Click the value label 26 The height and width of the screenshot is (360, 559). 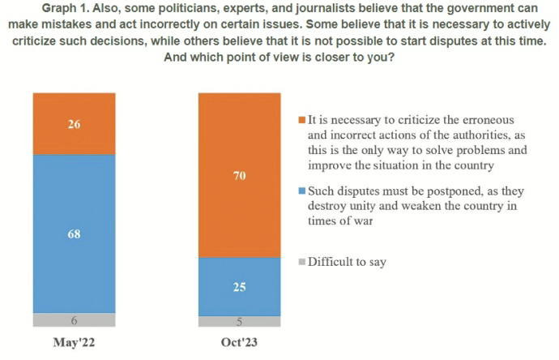(x=75, y=124)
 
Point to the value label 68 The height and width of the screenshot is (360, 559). (x=75, y=234)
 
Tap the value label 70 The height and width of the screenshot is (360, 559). (x=240, y=175)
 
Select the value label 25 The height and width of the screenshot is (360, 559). (x=240, y=287)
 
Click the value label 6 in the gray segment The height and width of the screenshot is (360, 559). (x=75, y=319)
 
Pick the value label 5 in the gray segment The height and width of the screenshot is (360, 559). (x=240, y=321)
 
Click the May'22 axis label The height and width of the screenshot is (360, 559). (x=75, y=343)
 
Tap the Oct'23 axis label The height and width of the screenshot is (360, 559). (x=240, y=343)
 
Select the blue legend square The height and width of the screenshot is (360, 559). (x=302, y=191)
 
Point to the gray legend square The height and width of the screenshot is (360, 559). (x=302, y=262)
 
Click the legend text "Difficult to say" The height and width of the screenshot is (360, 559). (x=348, y=262)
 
